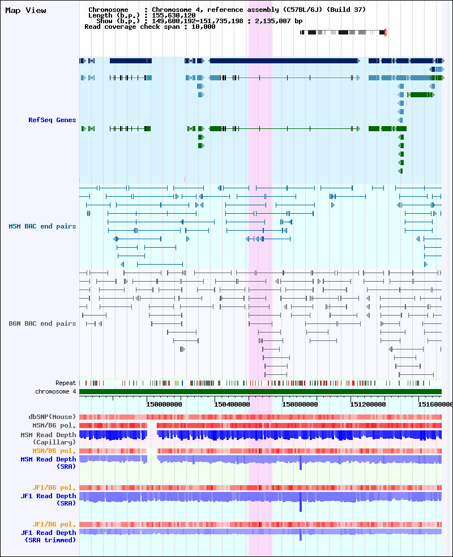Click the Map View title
(x=25, y=10)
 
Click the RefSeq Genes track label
(x=52, y=120)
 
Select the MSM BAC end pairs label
(x=42, y=226)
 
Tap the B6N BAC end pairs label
(x=42, y=323)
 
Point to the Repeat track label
(x=66, y=383)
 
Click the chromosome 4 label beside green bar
(x=55, y=391)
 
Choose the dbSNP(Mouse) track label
(x=52, y=417)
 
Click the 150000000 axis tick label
(x=164, y=404)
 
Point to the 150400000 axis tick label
(x=232, y=404)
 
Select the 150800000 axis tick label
(x=300, y=404)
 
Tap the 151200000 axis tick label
(x=367, y=404)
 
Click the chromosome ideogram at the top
(x=343, y=32)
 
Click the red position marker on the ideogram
(x=386, y=33)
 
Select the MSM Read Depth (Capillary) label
(x=48, y=438)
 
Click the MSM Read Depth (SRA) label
(x=48, y=463)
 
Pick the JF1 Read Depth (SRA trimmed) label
(x=48, y=536)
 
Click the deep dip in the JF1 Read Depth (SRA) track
(x=301, y=504)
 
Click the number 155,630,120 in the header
(x=173, y=15)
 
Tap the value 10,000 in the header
(x=203, y=27)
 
